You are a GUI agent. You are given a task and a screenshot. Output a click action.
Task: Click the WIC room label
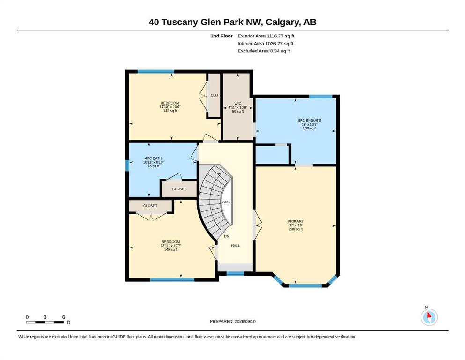[x=237, y=104]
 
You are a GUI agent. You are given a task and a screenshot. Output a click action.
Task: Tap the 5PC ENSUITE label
[x=310, y=120]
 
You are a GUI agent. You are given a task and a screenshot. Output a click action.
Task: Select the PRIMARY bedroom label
[x=295, y=221]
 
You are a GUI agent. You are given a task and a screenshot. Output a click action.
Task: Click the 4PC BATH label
[x=153, y=158]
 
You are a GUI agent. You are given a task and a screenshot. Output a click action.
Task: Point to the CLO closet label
[x=214, y=95]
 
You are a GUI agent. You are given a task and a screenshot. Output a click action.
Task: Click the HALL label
[x=236, y=246]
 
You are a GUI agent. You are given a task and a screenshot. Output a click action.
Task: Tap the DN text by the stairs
[x=227, y=237]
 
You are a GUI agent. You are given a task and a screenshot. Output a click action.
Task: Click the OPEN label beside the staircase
[x=227, y=202]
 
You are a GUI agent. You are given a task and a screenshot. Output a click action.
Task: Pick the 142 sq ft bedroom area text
[x=170, y=111]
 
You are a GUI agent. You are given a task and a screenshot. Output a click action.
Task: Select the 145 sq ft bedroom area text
[x=171, y=249]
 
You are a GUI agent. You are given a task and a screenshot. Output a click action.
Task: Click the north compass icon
[x=429, y=316]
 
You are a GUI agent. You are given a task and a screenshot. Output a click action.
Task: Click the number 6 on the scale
[x=64, y=317]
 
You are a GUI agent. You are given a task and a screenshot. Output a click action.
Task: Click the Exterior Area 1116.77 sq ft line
[x=266, y=36]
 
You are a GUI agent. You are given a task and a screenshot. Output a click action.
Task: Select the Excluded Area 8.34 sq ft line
[x=264, y=51]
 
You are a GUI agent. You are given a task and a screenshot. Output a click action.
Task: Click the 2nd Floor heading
[x=221, y=36]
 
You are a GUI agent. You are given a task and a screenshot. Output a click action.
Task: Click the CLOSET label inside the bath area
[x=179, y=189]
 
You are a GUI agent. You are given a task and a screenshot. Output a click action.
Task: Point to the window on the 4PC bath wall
[x=127, y=165]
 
